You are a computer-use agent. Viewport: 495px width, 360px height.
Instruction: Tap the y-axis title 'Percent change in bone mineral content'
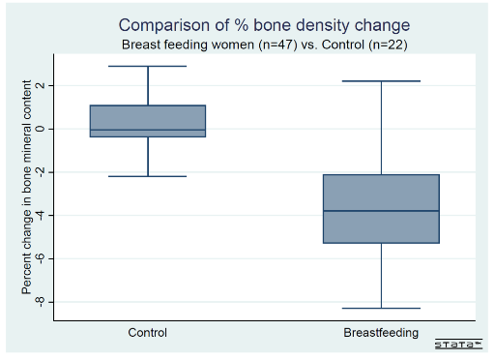[x=28, y=189]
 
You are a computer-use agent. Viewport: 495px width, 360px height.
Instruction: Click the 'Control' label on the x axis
[x=148, y=333]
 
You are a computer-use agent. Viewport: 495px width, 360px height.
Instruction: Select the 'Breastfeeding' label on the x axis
[x=381, y=333]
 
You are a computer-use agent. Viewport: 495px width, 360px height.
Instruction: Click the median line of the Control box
[x=148, y=130]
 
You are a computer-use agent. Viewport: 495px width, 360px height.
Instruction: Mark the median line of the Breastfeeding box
[x=381, y=211]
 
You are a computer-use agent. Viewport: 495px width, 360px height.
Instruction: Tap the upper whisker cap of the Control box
[x=148, y=66]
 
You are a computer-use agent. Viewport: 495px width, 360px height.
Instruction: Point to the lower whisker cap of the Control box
[x=148, y=176]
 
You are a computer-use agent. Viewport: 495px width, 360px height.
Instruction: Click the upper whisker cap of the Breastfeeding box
[x=381, y=81]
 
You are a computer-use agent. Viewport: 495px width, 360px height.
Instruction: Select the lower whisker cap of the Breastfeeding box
[x=381, y=308]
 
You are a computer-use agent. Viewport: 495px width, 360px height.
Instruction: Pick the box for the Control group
[x=148, y=116]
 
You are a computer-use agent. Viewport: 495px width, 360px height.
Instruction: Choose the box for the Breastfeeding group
[x=381, y=232]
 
